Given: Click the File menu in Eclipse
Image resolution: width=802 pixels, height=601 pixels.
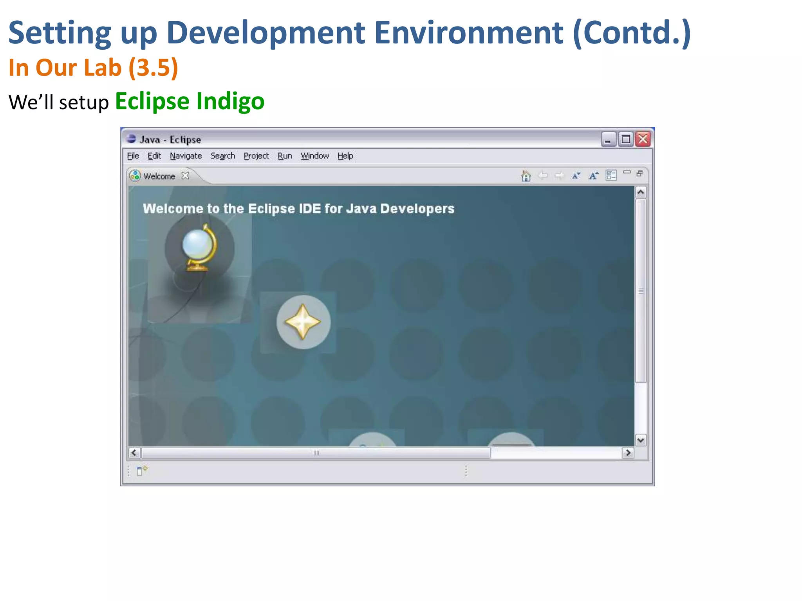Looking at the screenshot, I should [133, 156].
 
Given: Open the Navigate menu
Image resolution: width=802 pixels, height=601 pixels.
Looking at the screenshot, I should [186, 156].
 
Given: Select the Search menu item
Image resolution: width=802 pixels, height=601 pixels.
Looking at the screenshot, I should [222, 156].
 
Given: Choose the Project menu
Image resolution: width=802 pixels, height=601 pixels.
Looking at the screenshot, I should [256, 156].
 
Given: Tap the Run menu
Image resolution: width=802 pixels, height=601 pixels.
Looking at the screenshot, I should [285, 156].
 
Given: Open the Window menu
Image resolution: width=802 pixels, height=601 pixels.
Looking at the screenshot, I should [314, 156].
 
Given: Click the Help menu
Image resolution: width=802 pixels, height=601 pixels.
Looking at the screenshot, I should [345, 156].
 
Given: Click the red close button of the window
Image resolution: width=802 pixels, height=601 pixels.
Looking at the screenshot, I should [643, 139].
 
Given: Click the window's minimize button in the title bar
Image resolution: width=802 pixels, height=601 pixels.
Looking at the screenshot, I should [608, 139].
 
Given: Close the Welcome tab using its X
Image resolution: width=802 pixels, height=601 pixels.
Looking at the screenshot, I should [185, 176].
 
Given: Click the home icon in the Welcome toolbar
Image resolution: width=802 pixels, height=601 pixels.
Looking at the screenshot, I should [526, 176].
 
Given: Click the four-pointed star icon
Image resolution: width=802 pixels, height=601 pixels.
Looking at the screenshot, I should [303, 322].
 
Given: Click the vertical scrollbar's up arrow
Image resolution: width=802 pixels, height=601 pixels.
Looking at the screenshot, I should [641, 192].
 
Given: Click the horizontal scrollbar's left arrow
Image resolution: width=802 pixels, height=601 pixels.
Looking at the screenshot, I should [134, 453].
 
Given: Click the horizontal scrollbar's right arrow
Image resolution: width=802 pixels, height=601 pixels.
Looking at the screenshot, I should [628, 453].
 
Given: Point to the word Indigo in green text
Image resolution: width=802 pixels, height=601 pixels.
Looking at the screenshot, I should [230, 101].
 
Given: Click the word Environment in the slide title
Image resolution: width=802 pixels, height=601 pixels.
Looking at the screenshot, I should [469, 33].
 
